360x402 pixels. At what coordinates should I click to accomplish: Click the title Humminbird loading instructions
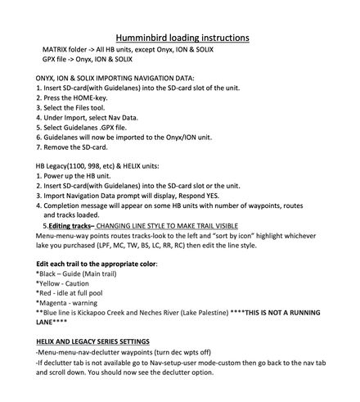tap(180, 38)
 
